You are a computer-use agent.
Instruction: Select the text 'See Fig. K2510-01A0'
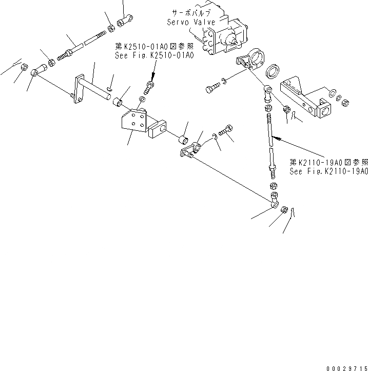pos(154,55)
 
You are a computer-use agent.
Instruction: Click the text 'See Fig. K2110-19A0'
pos(328,172)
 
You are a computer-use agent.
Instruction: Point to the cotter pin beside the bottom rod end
pos(293,210)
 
